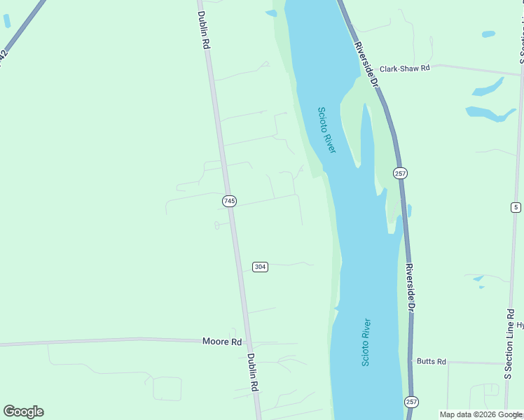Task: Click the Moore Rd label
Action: (221, 342)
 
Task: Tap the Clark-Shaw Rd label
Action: (404, 69)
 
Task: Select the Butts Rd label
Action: (431, 361)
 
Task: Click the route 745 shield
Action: (229, 201)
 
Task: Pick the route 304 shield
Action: (260, 267)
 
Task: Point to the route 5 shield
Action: (516, 206)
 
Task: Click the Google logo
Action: (23, 412)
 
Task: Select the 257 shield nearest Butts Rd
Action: (411, 402)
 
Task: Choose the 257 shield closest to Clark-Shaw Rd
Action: (400, 173)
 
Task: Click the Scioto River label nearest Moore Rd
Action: (366, 342)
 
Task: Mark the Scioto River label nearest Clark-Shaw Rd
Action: (327, 130)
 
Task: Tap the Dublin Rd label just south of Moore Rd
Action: (253, 372)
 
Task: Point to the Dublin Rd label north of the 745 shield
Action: (204, 29)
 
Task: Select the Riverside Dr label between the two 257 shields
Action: (411, 287)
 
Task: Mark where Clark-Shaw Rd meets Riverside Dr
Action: (378, 70)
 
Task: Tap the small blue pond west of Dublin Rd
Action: (7, 21)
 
